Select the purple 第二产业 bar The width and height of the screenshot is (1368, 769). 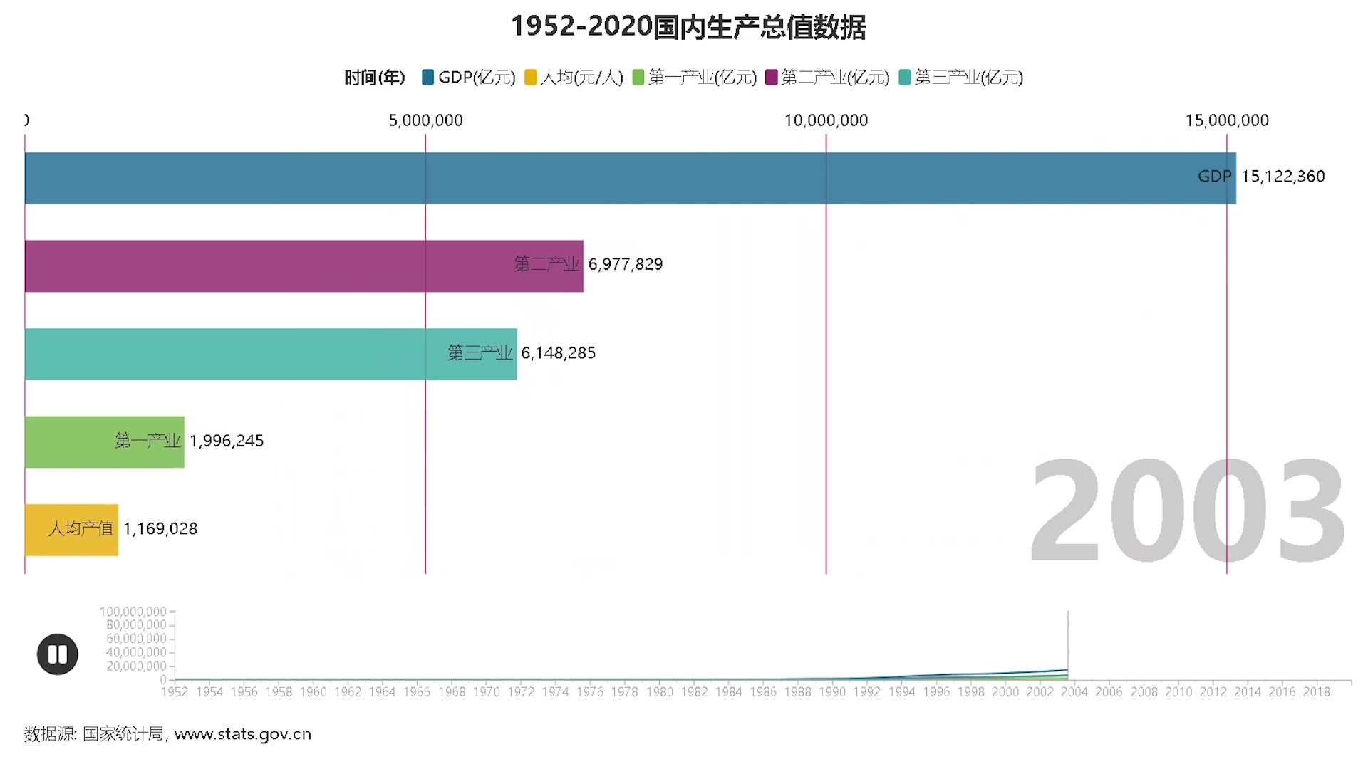click(304, 266)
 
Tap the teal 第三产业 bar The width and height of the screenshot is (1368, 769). click(271, 354)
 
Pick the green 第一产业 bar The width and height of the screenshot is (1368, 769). click(104, 441)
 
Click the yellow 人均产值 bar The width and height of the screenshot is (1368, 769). click(71, 530)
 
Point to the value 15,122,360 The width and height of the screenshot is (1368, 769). click(1282, 177)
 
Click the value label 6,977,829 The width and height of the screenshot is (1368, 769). click(625, 265)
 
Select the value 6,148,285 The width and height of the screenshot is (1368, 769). click(558, 353)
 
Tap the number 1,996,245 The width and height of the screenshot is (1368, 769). click(227, 441)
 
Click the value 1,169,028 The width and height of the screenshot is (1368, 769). click(160, 529)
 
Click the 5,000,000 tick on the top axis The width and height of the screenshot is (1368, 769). click(425, 120)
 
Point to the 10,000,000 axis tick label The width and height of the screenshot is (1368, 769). click(826, 120)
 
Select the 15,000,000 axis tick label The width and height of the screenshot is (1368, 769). click(1226, 120)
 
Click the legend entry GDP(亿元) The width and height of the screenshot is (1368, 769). click(469, 78)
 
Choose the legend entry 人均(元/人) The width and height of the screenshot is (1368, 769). click(574, 78)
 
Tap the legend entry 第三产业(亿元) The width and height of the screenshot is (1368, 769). click(961, 78)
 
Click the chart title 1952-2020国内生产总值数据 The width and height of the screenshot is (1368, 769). click(688, 27)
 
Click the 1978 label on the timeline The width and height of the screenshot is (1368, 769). click(624, 692)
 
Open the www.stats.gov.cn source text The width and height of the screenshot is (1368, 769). click(242, 734)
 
